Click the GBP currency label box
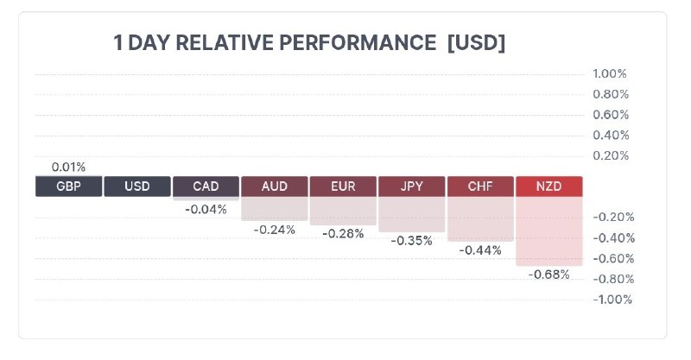(x=68, y=186)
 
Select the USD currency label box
(x=136, y=186)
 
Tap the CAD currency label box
(x=206, y=186)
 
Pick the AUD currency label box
(x=274, y=186)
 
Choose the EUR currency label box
(x=343, y=186)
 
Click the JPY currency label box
(x=411, y=186)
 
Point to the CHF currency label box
(x=480, y=186)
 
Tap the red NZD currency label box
(x=548, y=186)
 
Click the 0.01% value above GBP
(x=68, y=167)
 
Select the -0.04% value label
(x=206, y=209)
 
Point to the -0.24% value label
(x=274, y=230)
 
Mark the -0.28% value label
(x=343, y=234)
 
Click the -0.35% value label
(x=411, y=241)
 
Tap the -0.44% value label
(x=480, y=250)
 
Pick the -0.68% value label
(x=548, y=275)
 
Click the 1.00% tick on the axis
(x=610, y=73)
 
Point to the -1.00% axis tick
(x=612, y=300)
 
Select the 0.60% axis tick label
(x=610, y=115)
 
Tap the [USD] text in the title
(x=476, y=43)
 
